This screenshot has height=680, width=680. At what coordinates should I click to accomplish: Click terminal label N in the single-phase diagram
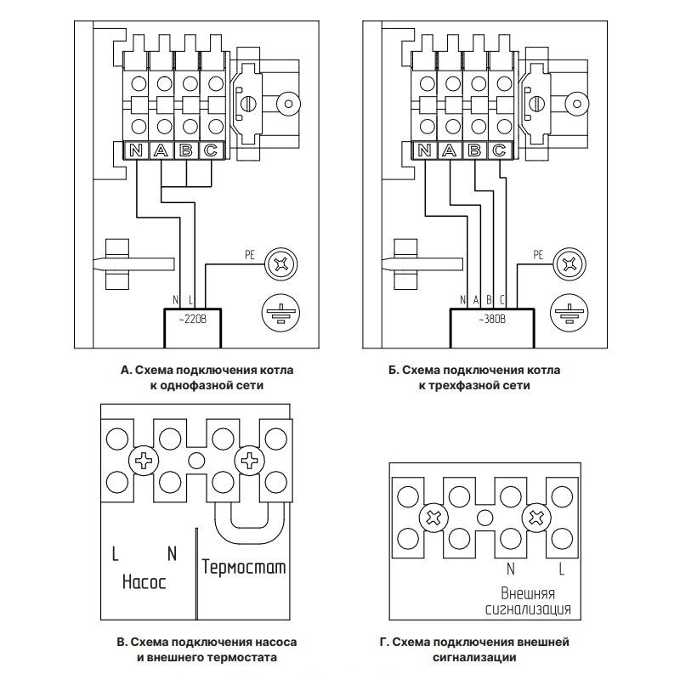136,151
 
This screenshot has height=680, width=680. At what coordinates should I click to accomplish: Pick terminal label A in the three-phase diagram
450,151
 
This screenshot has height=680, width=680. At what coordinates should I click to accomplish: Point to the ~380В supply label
490,320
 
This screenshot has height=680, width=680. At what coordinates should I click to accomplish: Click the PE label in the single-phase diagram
250,252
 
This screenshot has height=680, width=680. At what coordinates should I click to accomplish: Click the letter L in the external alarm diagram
560,567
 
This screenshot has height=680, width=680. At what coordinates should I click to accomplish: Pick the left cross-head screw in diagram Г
435,517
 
